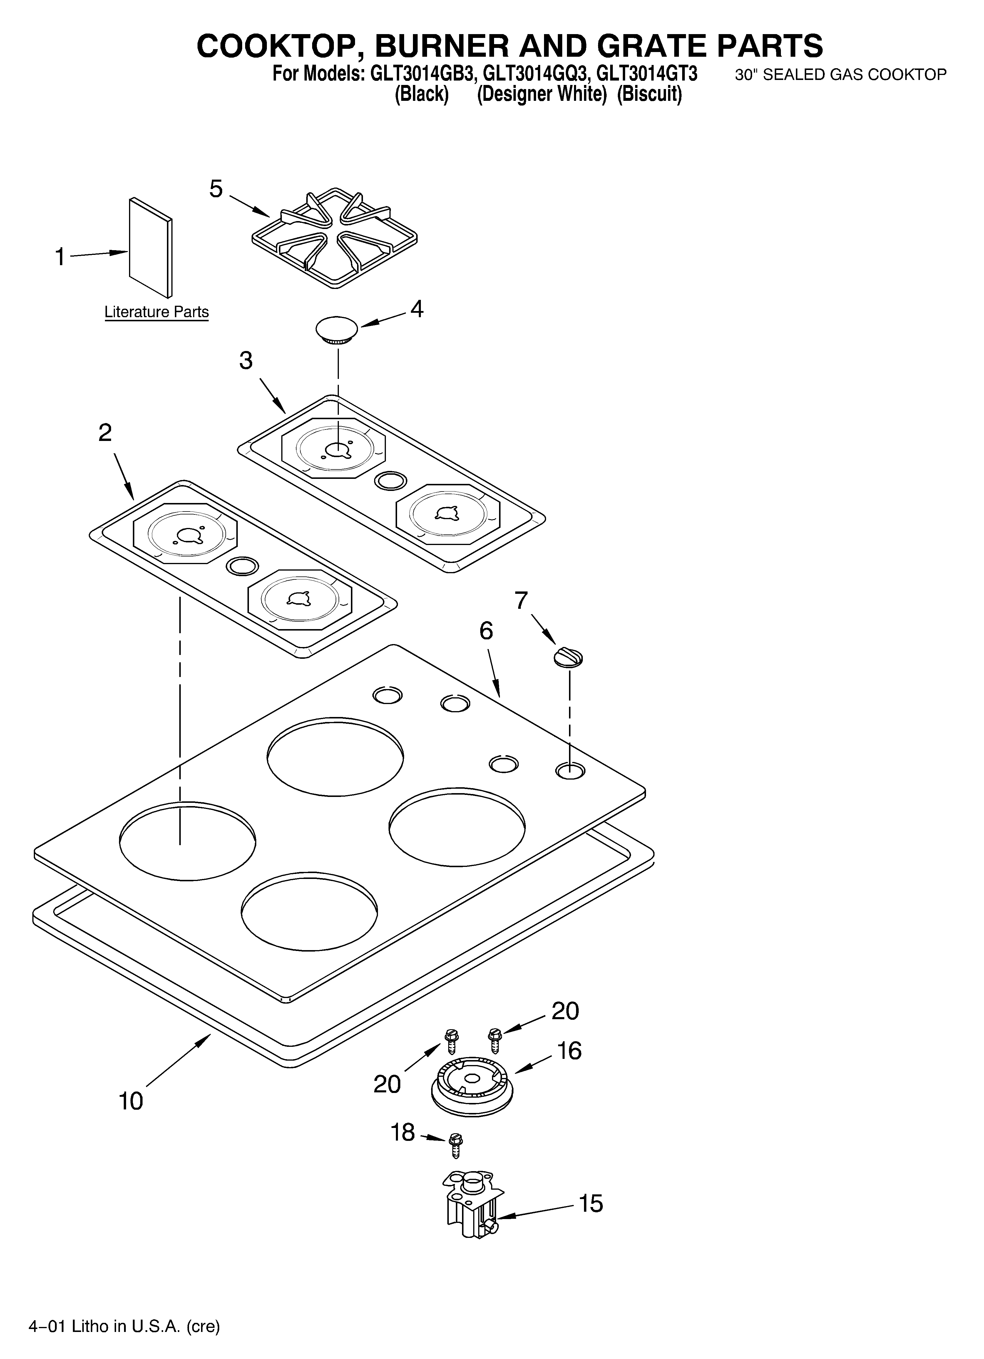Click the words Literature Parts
click(x=156, y=312)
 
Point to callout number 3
click(x=246, y=361)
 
